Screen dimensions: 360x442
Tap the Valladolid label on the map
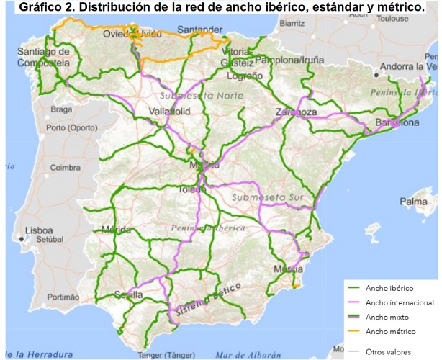point(169,112)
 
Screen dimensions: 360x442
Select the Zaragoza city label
point(295,112)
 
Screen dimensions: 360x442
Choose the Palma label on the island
point(414,202)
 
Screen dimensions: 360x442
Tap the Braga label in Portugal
point(62,110)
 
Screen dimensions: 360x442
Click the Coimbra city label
point(66,168)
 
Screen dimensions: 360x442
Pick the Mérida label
point(116,230)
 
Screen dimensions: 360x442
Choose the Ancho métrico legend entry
point(389,331)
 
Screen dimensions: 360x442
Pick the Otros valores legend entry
point(388,351)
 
